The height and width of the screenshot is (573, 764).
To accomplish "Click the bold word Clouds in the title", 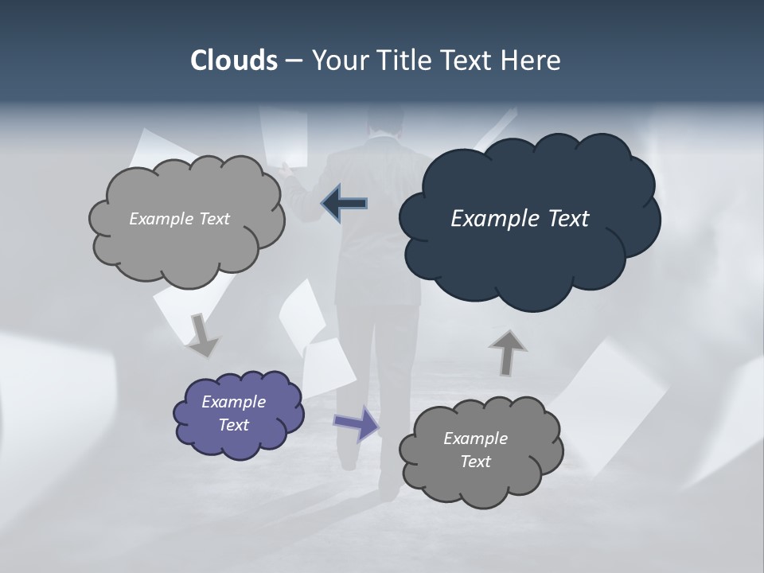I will [x=233, y=60].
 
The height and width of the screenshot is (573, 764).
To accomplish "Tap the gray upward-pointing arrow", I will [x=507, y=351].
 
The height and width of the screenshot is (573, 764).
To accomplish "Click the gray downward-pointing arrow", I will [x=202, y=335].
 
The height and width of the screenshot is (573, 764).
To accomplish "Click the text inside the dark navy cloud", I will [x=520, y=219].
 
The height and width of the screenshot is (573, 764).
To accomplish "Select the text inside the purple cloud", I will [x=233, y=414].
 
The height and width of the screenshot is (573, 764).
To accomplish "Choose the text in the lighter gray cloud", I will [x=179, y=219].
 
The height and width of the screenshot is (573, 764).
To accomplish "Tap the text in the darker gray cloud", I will [x=475, y=450].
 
